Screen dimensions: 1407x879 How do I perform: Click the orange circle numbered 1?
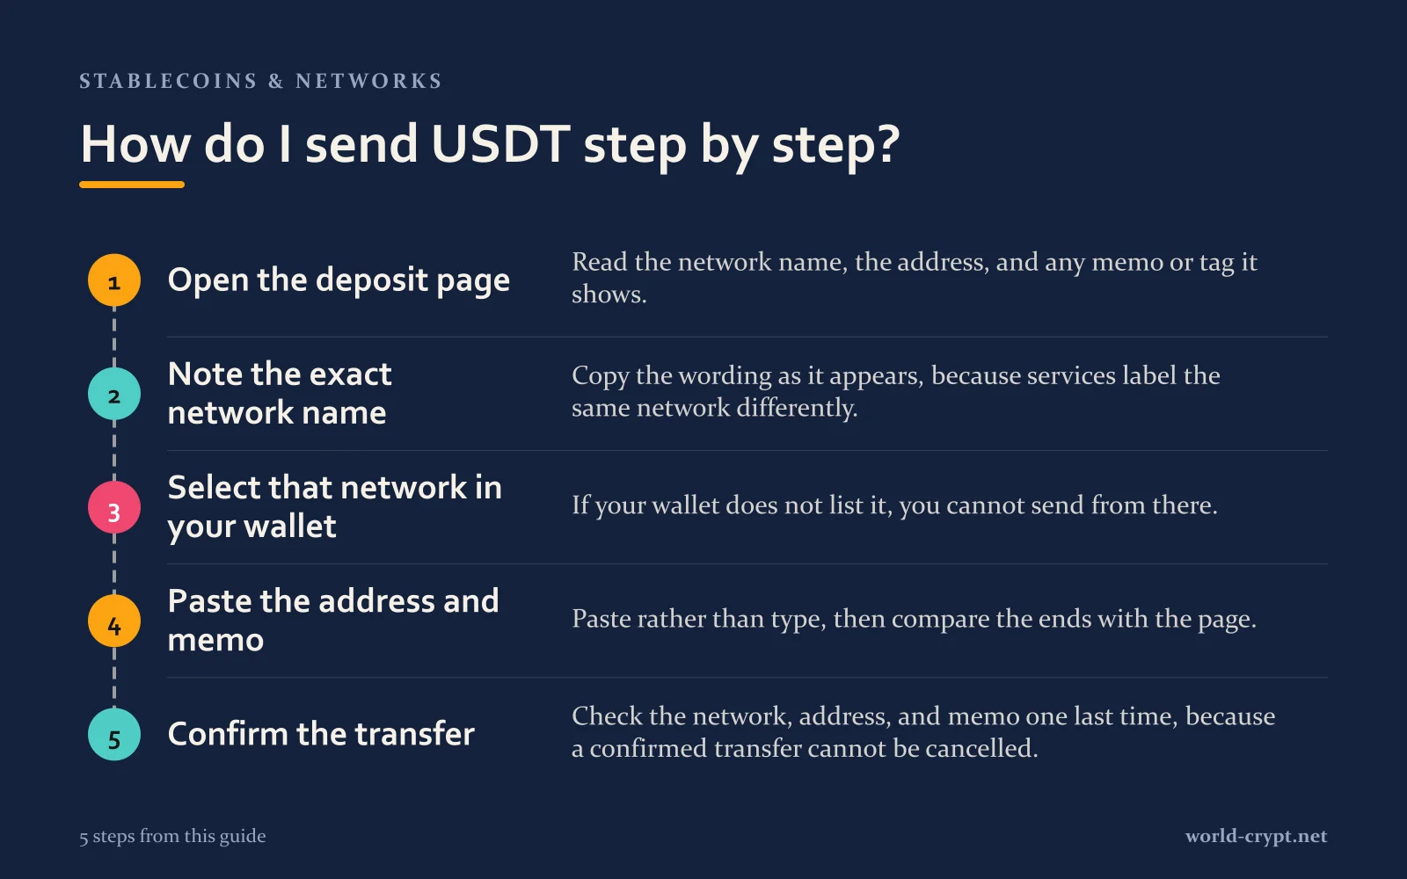(x=113, y=280)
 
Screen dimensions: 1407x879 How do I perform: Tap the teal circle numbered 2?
(x=113, y=394)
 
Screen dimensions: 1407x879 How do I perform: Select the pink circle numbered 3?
(x=113, y=507)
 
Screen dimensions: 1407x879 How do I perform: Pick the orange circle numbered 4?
(x=113, y=621)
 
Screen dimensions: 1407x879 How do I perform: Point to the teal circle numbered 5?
(x=113, y=735)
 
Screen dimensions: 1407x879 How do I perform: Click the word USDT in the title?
(x=500, y=144)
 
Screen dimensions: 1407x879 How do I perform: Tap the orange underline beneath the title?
(x=132, y=185)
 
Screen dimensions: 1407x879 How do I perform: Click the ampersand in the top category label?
(x=276, y=81)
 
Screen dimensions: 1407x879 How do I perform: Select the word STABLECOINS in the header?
(x=168, y=81)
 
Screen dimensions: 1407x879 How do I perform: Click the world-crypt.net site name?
(x=1257, y=836)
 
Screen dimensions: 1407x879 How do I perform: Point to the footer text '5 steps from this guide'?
(x=172, y=836)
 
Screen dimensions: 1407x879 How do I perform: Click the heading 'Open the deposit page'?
(x=339, y=280)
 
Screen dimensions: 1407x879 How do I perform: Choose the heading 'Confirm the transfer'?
(x=321, y=734)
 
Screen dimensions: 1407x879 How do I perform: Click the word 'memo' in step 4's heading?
(x=215, y=641)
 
